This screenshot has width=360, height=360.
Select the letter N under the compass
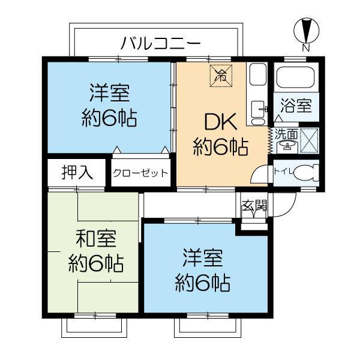tap(306, 47)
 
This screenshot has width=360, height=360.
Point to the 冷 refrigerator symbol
tap(221, 75)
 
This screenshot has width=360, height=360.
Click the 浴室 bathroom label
tap(296, 108)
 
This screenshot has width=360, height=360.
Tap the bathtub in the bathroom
tap(296, 79)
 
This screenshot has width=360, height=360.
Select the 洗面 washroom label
tap(283, 133)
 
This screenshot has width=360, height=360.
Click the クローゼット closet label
tap(140, 173)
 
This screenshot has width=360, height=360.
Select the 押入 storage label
tap(77, 173)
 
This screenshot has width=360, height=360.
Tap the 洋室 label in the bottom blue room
tap(203, 259)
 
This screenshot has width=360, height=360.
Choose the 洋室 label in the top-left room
tap(109, 94)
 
